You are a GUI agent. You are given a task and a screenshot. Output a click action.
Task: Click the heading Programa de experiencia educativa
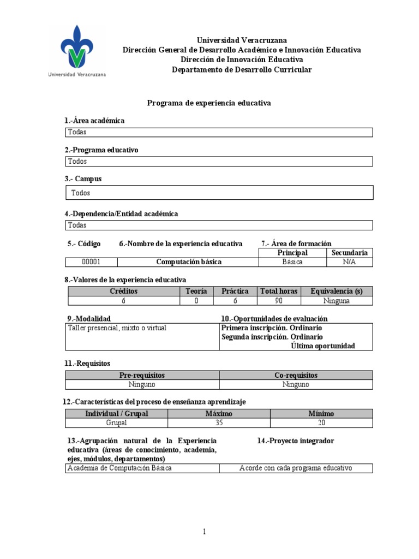(x=209, y=103)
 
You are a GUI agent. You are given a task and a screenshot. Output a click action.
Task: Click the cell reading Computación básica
(x=189, y=262)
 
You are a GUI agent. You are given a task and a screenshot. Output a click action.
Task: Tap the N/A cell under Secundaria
(x=349, y=262)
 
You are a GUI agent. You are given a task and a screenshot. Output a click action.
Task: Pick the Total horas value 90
(x=278, y=301)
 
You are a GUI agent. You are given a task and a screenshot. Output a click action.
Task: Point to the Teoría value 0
(x=196, y=301)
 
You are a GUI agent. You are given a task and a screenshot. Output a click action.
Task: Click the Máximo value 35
(x=219, y=423)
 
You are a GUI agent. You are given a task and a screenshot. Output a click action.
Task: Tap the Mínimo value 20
(x=321, y=423)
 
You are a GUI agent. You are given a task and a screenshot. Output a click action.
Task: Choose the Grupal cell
(x=116, y=423)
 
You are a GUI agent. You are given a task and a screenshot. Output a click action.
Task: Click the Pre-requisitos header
(x=142, y=376)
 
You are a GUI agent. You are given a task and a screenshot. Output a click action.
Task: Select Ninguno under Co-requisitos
(x=296, y=384)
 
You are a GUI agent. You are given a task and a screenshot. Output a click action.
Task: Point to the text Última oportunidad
(x=323, y=346)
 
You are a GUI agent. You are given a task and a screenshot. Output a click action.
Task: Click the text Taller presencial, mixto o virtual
(x=117, y=328)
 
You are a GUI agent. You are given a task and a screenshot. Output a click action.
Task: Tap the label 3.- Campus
(x=83, y=179)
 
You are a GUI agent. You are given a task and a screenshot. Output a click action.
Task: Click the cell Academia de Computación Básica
(x=119, y=468)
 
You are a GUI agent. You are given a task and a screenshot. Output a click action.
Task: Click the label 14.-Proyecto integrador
(x=296, y=441)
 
